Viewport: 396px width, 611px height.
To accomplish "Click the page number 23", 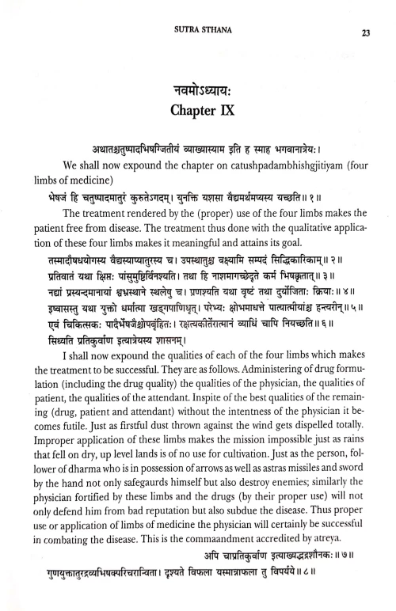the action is (365, 32).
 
